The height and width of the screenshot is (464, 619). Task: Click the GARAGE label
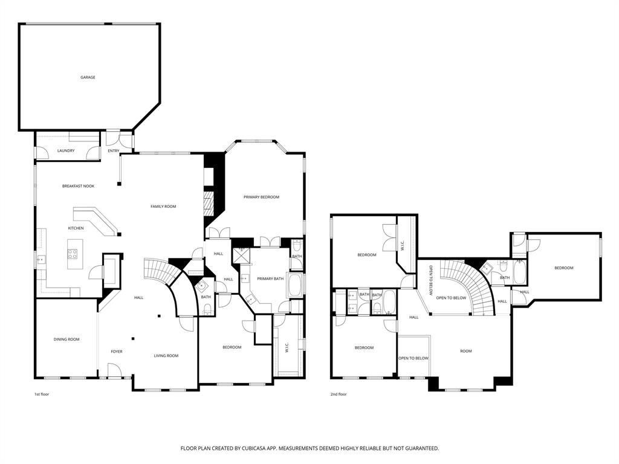click(x=88, y=77)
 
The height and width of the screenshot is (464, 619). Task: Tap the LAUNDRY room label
click(x=66, y=150)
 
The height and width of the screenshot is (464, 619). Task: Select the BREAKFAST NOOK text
click(x=78, y=186)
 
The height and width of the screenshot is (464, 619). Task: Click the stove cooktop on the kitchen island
click(x=73, y=254)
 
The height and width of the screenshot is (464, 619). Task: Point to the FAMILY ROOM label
click(x=163, y=207)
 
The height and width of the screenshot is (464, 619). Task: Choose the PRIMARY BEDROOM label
click(x=261, y=197)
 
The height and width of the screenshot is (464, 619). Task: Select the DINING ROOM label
click(x=66, y=340)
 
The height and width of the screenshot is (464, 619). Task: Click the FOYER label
click(x=117, y=352)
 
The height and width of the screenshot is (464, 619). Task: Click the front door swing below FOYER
click(x=114, y=370)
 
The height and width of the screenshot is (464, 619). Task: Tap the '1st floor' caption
click(x=42, y=394)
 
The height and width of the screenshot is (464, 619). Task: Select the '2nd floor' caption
click(x=339, y=394)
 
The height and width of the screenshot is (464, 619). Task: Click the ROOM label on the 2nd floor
click(x=465, y=351)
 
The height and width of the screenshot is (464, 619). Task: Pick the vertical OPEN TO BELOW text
click(x=431, y=280)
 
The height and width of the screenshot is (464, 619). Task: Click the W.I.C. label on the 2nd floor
click(x=403, y=247)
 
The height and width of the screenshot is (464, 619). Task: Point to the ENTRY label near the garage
click(x=114, y=150)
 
